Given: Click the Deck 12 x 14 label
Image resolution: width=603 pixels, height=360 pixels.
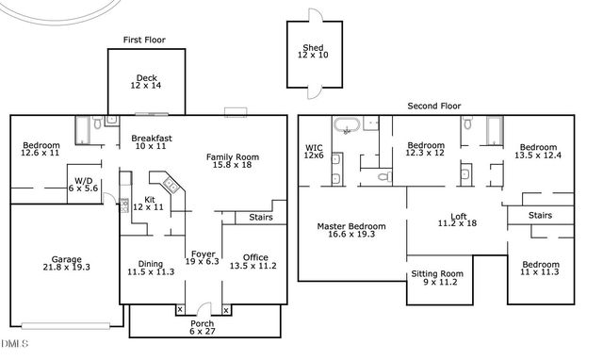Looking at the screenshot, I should (x=146, y=81).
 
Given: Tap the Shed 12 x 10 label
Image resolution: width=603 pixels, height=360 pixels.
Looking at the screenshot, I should (x=314, y=52).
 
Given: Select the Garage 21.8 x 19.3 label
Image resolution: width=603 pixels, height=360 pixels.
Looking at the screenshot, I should (x=66, y=263).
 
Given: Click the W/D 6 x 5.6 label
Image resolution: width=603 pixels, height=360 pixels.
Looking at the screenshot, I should (x=85, y=184).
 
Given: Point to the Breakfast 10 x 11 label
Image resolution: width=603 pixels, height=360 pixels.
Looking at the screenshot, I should (x=150, y=141).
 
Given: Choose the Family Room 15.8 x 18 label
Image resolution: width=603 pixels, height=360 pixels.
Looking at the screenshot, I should (x=232, y=161).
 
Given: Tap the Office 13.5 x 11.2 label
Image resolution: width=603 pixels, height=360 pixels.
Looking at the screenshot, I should (x=254, y=262).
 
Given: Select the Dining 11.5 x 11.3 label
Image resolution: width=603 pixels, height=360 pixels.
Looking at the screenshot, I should (x=151, y=269).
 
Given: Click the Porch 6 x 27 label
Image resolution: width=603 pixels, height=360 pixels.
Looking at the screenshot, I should (x=203, y=327).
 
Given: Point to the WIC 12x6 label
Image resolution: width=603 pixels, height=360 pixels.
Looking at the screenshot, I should (x=314, y=152).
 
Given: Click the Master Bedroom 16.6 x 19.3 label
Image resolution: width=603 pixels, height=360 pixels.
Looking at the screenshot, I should (x=350, y=231).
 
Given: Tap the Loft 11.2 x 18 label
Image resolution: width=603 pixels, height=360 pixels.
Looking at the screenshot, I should (x=458, y=220).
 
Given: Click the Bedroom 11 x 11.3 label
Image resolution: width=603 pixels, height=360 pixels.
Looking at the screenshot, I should (x=541, y=269).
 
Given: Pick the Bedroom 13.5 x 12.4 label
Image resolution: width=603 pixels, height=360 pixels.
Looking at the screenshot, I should (x=540, y=152).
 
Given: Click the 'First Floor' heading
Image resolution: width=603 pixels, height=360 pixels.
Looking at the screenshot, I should (x=146, y=40).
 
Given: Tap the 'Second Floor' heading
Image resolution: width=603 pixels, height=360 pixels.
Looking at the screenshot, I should (x=433, y=106).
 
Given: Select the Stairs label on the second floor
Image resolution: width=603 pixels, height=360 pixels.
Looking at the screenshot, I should (x=540, y=215).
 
